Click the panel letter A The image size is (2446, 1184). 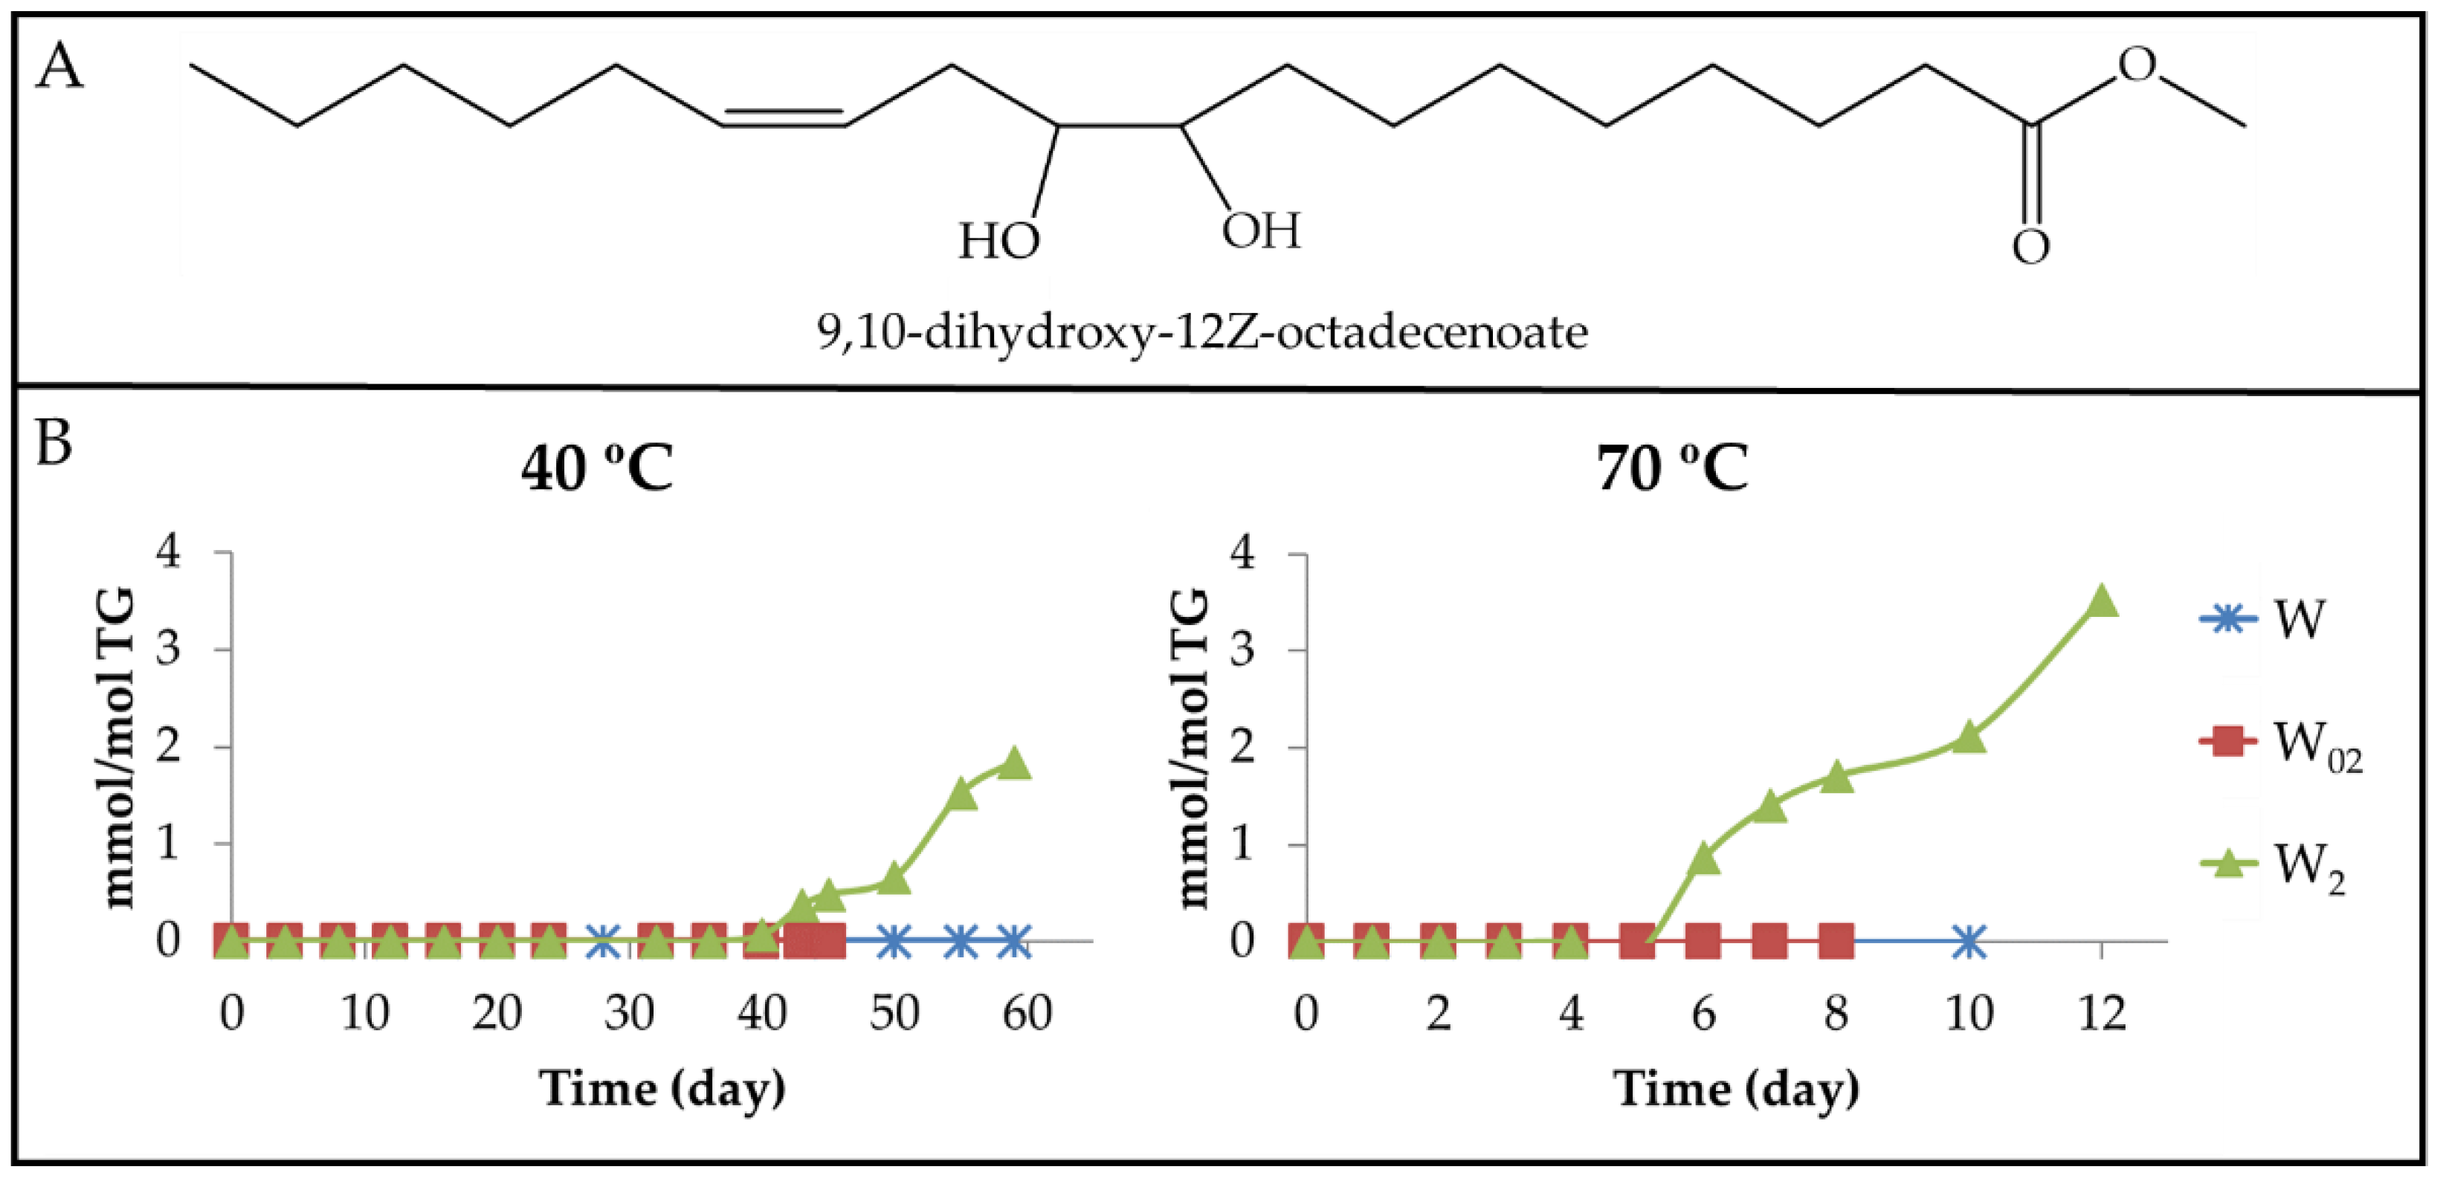(x=59, y=68)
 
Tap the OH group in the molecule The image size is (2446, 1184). (x=1261, y=230)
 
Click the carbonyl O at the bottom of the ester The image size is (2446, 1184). (x=2031, y=247)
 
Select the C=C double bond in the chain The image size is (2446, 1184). (x=784, y=117)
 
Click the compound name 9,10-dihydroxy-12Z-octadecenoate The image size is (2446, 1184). (x=1202, y=332)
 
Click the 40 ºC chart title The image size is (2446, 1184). (x=597, y=468)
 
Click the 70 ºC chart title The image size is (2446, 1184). (x=1671, y=468)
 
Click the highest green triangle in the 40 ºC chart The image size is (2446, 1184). (x=1014, y=763)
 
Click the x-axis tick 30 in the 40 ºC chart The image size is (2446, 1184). (x=630, y=1013)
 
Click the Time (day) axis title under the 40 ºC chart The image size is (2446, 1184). (x=662, y=1088)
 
